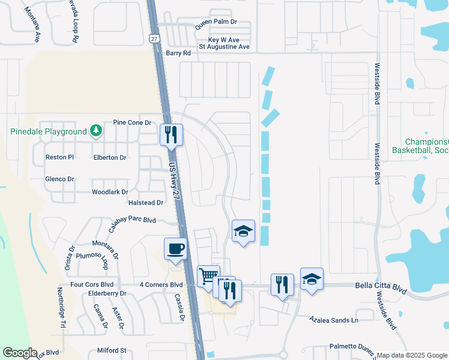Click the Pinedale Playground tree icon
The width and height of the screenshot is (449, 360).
point(95,130)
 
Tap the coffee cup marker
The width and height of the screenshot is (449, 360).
point(175,248)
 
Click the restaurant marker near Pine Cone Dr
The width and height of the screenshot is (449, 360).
point(171,134)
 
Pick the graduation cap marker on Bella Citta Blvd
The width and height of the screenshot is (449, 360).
point(312,279)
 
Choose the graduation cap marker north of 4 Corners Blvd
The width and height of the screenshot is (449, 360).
point(243,231)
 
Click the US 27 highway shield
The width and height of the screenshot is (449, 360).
point(155,38)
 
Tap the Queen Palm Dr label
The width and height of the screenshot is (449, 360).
point(216,22)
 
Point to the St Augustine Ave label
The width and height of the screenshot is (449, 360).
point(224,46)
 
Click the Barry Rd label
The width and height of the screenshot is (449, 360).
point(178,53)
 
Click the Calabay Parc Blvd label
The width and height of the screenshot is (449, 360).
point(132,221)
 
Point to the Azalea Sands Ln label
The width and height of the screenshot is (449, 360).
point(334,320)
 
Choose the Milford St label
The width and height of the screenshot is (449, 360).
point(112,350)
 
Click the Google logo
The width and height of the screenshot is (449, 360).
point(20,352)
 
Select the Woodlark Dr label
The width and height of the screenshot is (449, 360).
point(110,192)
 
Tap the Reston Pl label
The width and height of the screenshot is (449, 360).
point(59,157)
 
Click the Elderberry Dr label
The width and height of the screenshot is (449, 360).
point(107,294)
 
